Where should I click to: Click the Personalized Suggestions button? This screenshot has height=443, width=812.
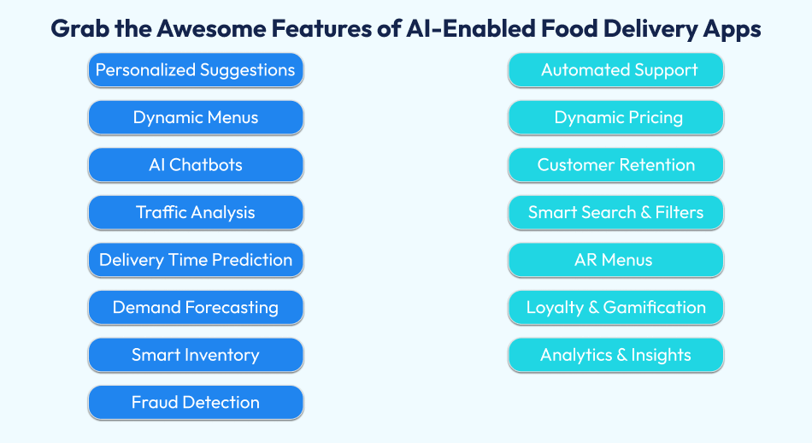pyautogui.click(x=196, y=70)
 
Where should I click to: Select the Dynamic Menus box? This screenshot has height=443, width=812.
pyautogui.click(x=196, y=117)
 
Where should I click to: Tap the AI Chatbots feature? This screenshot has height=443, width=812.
pyautogui.click(x=196, y=165)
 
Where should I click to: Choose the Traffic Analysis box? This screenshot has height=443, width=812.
pyautogui.click(x=196, y=212)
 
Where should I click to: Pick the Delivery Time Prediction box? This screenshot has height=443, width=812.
pyautogui.click(x=196, y=260)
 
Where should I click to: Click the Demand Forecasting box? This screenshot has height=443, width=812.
pyautogui.click(x=196, y=307)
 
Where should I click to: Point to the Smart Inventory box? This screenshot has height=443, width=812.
pyautogui.click(x=196, y=355)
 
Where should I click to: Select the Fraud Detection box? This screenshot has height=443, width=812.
pyautogui.click(x=196, y=402)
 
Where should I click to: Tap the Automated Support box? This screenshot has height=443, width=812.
pyautogui.click(x=616, y=70)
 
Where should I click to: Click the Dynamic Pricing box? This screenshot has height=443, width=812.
pyautogui.click(x=616, y=117)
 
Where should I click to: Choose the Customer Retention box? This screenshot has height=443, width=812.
pyautogui.click(x=616, y=165)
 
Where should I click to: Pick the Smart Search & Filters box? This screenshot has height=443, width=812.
pyautogui.click(x=616, y=212)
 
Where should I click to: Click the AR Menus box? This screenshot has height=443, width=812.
pyautogui.click(x=616, y=260)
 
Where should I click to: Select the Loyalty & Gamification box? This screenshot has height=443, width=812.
pyautogui.click(x=616, y=307)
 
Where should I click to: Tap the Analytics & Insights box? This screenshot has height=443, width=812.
pyautogui.click(x=616, y=355)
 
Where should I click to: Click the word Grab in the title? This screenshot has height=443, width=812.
pyautogui.click(x=78, y=29)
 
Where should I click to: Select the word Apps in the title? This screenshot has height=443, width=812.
pyautogui.click(x=729, y=29)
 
